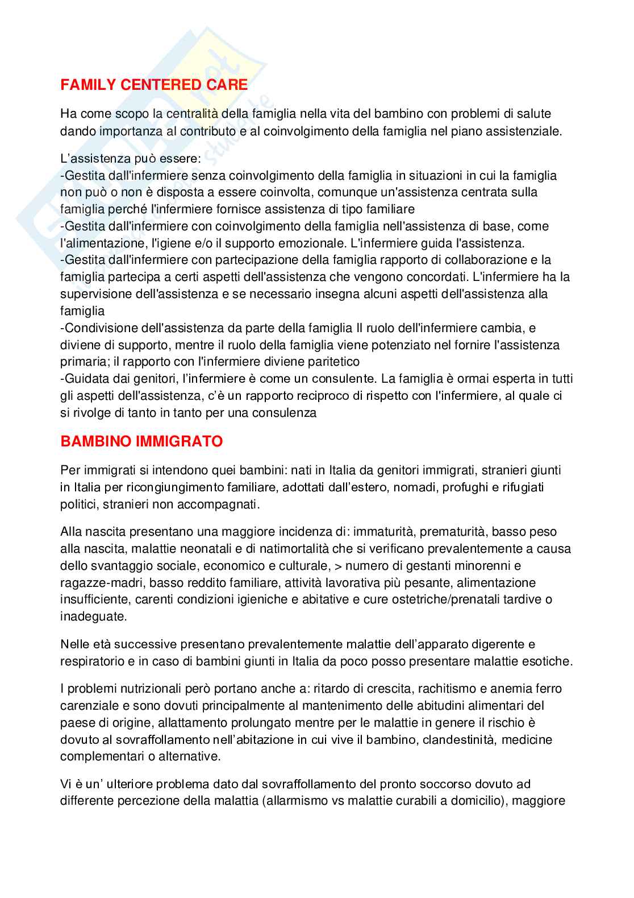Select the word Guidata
pyautogui.click(x=85, y=379)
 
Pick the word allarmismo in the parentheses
pyautogui.click(x=298, y=801)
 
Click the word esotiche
pyautogui.click(x=547, y=661)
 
